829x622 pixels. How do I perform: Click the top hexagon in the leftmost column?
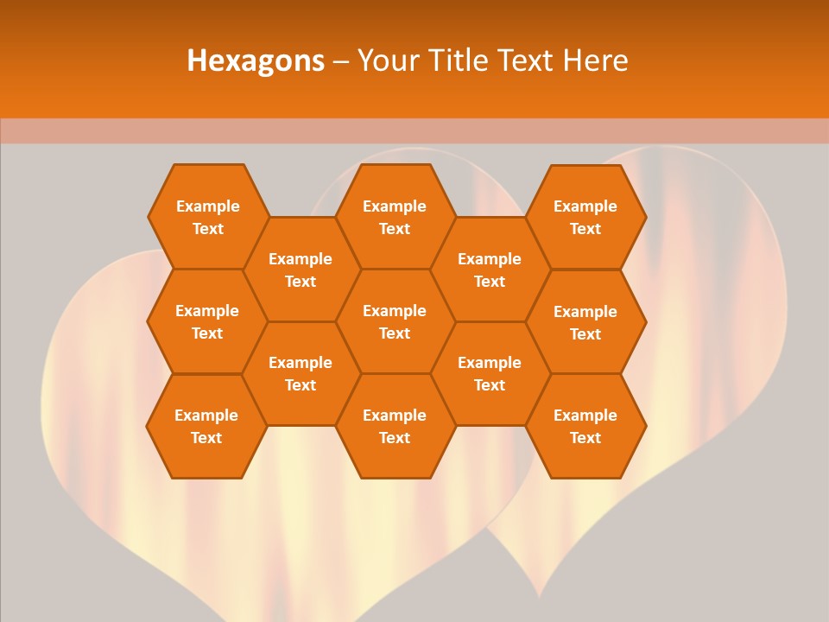click(207, 217)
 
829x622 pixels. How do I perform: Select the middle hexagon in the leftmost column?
click(207, 321)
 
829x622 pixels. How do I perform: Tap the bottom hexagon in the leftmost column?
click(206, 426)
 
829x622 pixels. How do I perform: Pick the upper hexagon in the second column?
click(301, 270)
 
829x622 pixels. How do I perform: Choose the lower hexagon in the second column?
click(301, 373)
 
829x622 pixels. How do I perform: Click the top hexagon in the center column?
click(395, 217)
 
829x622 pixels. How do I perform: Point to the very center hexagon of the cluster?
click(395, 321)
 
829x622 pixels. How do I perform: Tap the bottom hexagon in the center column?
click(395, 426)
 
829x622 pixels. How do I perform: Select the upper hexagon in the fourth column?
click(490, 270)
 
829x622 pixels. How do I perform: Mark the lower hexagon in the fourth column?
click(490, 373)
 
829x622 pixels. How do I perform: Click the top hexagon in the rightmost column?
click(585, 217)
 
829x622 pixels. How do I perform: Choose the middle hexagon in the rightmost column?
click(585, 322)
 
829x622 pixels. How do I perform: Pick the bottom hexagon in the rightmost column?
click(585, 426)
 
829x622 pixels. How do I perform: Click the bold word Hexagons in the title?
click(256, 60)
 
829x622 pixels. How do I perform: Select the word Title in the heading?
click(454, 60)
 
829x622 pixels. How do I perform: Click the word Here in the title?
click(596, 60)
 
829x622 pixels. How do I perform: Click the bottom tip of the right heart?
click(540, 596)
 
